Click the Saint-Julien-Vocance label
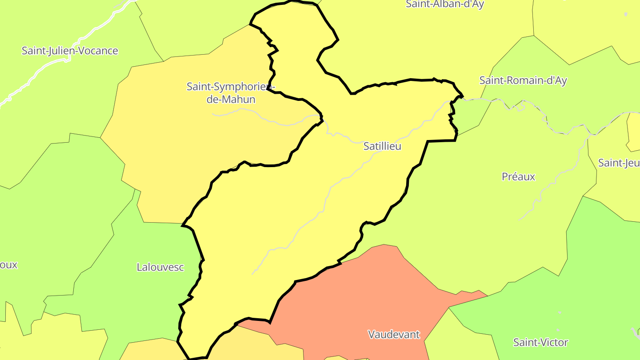(70, 51)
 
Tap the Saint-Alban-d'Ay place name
(444, 4)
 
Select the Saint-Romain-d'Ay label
(523, 80)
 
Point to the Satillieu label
(382, 146)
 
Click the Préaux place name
(518, 176)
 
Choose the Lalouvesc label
(160, 267)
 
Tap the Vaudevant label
(394, 334)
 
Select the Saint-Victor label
(540, 342)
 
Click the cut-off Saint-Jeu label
(619, 163)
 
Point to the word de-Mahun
(231, 99)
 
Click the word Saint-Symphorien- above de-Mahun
(231, 86)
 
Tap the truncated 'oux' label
(8, 264)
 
